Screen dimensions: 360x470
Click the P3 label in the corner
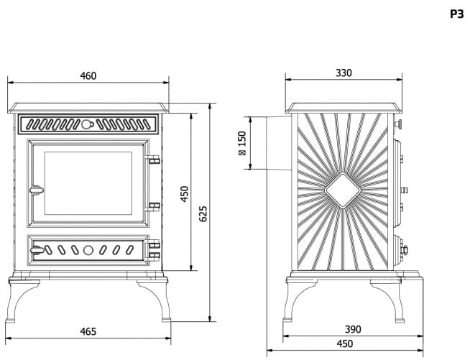tap(456, 14)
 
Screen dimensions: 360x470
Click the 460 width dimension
tap(88, 75)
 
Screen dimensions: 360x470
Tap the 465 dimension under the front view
tap(88, 331)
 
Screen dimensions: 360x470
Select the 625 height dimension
tap(204, 213)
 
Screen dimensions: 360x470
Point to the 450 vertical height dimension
tap(185, 193)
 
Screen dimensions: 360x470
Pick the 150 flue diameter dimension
tap(241, 142)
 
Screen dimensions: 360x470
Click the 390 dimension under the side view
tap(352, 329)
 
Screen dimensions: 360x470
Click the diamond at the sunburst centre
tap(343, 190)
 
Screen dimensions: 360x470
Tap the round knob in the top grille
tap(87, 124)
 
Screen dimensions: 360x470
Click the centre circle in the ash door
tap(88, 251)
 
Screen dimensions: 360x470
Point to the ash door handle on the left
tap(36, 251)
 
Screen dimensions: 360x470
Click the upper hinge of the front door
tap(152, 161)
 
